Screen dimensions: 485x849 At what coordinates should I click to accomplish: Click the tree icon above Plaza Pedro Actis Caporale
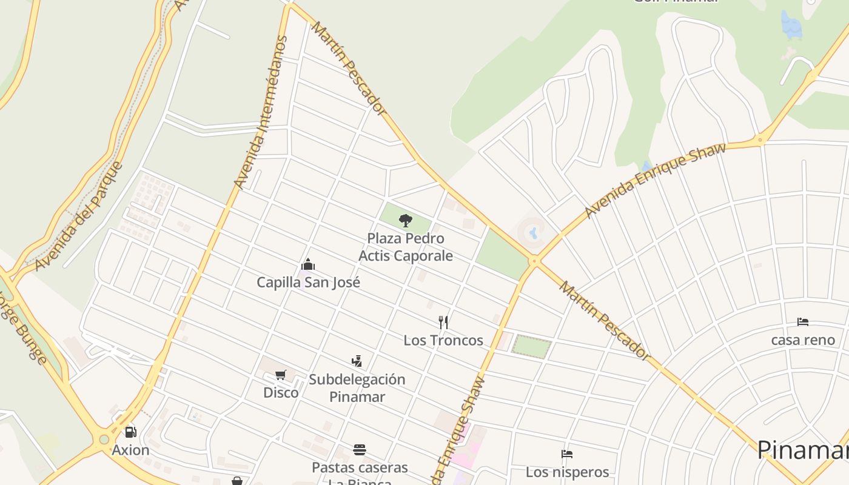406,220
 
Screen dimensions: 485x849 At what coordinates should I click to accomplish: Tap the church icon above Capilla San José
308,265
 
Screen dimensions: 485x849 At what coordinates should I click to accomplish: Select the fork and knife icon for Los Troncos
443,322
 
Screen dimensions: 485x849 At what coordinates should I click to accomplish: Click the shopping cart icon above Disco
280,375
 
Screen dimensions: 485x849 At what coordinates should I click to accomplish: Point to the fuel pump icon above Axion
130,432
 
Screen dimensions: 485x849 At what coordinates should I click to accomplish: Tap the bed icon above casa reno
803,322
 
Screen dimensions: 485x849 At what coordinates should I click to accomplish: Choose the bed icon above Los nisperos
567,454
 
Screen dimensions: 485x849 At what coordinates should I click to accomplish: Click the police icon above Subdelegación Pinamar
357,361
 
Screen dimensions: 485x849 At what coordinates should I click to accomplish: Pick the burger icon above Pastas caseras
360,450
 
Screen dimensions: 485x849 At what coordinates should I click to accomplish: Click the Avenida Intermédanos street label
260,112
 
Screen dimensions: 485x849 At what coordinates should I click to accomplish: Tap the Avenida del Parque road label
79,216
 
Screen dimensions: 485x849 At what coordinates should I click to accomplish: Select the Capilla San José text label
308,283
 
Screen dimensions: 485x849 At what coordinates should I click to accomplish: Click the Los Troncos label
443,340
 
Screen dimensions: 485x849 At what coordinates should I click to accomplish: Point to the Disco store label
281,392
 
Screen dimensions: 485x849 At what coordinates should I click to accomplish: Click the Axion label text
130,450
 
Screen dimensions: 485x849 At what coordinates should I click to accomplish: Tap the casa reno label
803,340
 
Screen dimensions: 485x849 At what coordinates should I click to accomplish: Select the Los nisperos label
567,472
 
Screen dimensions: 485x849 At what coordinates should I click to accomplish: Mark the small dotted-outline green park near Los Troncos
531,346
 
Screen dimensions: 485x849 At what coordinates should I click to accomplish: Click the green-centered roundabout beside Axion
104,440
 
